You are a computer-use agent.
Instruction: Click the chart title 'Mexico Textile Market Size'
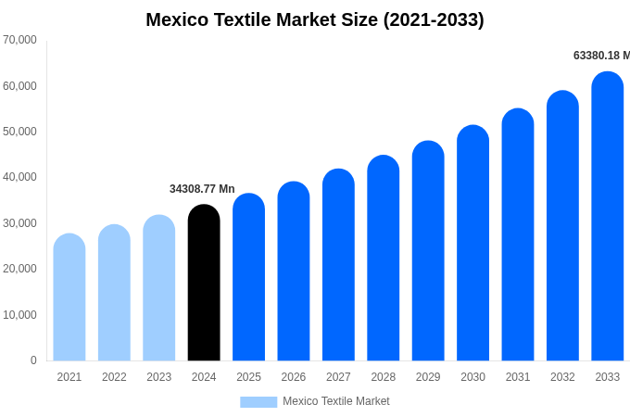click(x=315, y=19)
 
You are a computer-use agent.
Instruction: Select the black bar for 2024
click(x=204, y=283)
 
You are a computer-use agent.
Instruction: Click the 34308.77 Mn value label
click(x=202, y=189)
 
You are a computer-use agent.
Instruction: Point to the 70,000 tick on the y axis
click(x=19, y=40)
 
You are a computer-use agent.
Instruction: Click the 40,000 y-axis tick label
click(x=19, y=177)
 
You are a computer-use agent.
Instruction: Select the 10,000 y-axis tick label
click(x=19, y=315)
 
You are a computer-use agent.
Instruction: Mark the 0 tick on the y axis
click(x=33, y=360)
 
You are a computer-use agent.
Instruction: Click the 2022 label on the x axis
click(x=114, y=377)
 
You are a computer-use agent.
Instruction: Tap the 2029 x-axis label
click(x=428, y=377)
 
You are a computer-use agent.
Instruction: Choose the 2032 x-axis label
click(x=562, y=377)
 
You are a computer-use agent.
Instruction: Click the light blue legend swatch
click(x=258, y=401)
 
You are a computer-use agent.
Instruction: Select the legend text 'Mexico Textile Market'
click(x=336, y=401)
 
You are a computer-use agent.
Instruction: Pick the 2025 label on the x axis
click(x=248, y=377)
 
